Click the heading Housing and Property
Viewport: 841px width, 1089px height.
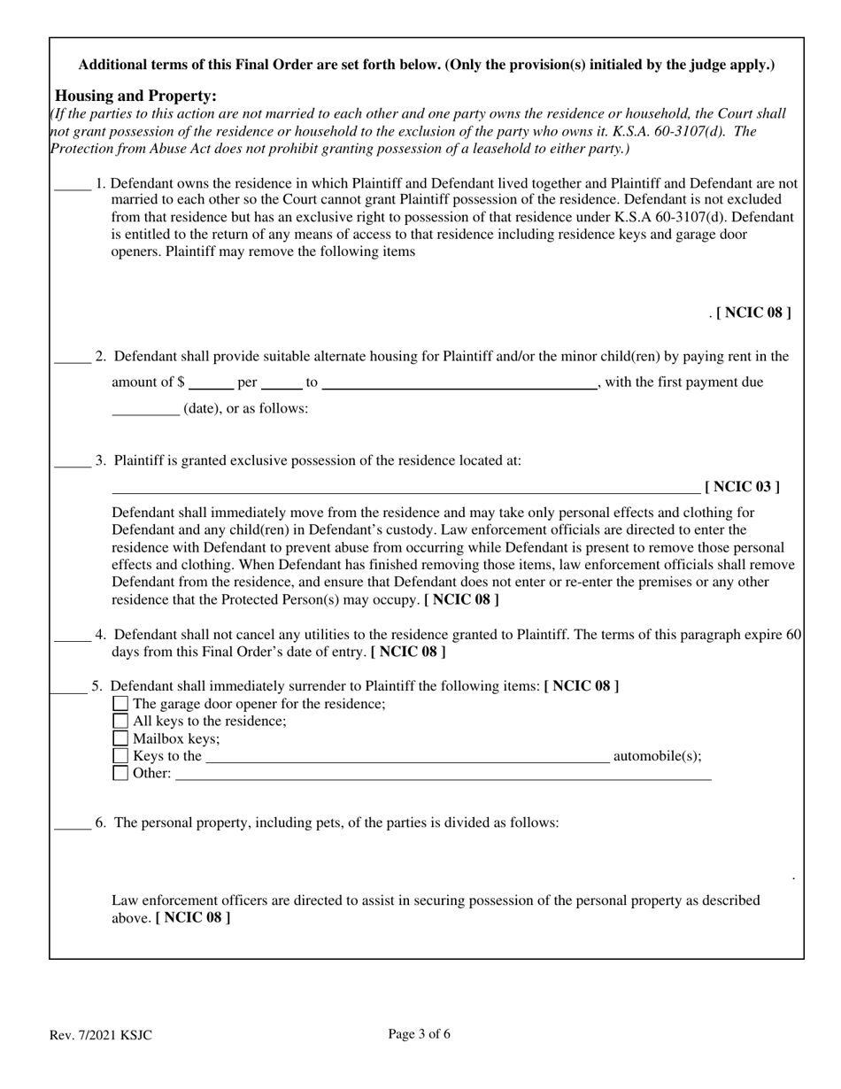(135, 96)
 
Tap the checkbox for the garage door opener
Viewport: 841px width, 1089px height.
(120, 704)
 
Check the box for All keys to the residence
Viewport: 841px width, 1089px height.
(120, 721)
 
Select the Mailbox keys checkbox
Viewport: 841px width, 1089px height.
(120, 738)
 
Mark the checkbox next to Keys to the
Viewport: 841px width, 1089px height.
(120, 756)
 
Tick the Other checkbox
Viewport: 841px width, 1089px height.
(120, 773)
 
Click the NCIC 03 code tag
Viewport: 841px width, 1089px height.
(742, 486)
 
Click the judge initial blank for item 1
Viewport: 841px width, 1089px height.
(72, 184)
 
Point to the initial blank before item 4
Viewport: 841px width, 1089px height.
(72, 635)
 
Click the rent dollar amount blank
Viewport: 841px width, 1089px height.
(211, 383)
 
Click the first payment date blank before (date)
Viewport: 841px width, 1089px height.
(145, 409)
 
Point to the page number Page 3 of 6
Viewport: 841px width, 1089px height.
(420, 1033)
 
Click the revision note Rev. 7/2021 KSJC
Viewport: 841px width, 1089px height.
(100, 1034)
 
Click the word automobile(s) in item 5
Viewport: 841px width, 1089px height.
(657, 755)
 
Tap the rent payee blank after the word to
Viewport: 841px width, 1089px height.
(459, 383)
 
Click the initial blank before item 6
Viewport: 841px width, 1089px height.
(72, 823)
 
